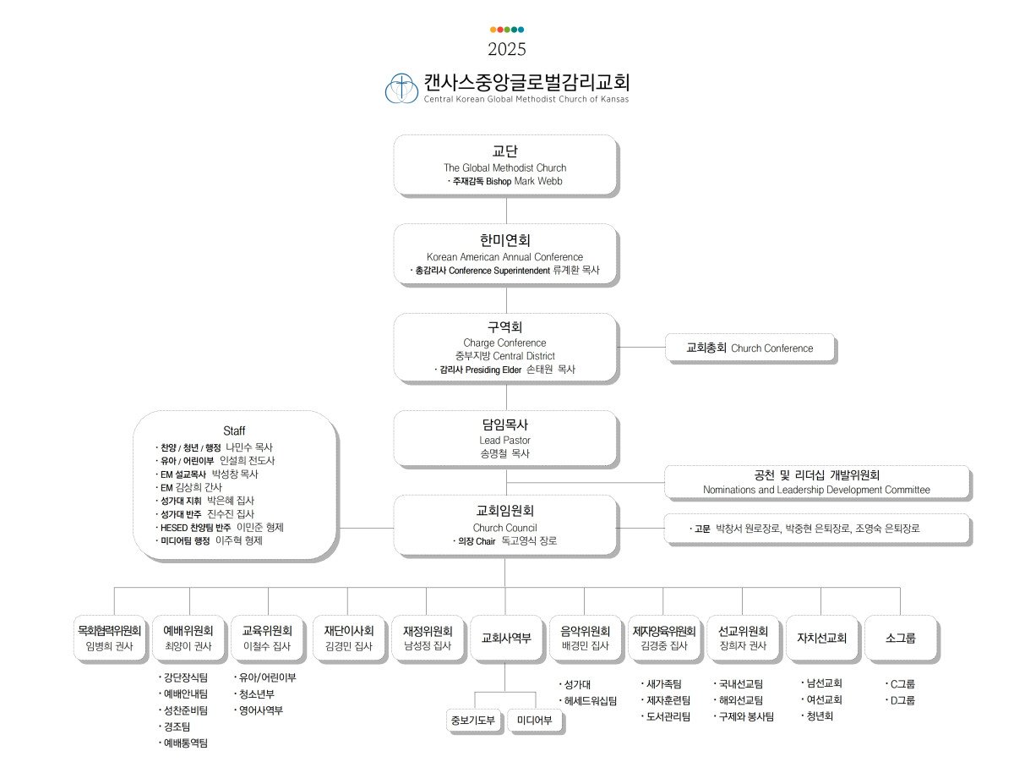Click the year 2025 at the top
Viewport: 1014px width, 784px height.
pyautogui.click(x=506, y=49)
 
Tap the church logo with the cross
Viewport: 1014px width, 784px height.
pyautogui.click(x=401, y=88)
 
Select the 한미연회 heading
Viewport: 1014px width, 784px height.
pyautogui.click(x=505, y=240)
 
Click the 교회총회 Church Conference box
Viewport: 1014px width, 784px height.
pyautogui.click(x=750, y=348)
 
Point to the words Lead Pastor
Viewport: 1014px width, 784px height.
pyautogui.click(x=505, y=440)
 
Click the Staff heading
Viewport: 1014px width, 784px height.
pyautogui.click(x=234, y=430)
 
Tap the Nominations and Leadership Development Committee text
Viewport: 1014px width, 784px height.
pyautogui.click(x=816, y=490)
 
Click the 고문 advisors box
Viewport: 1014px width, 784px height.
pyautogui.click(x=817, y=529)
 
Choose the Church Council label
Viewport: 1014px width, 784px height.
pyautogui.click(x=505, y=528)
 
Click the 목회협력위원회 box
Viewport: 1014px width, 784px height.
pyautogui.click(x=110, y=638)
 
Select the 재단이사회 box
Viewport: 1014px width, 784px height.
pyautogui.click(x=349, y=638)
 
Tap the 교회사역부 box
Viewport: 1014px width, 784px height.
pyautogui.click(x=506, y=638)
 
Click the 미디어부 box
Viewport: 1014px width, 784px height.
pyautogui.click(x=535, y=720)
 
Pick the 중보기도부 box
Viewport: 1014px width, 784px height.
pyautogui.click(x=473, y=720)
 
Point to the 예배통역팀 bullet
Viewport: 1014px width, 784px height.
pyautogui.click(x=183, y=743)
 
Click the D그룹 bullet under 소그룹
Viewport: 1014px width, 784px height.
pyautogui.click(x=900, y=700)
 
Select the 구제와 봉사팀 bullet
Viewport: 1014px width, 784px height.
pyautogui.click(x=744, y=716)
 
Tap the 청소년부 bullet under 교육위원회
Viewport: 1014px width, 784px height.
pyautogui.click(x=254, y=694)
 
